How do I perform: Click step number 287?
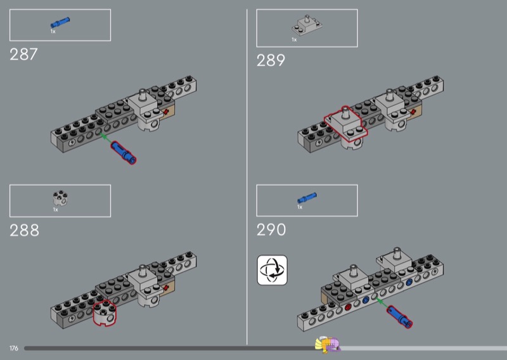click(24, 55)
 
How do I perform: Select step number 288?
click(25, 230)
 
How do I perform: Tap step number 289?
click(271, 61)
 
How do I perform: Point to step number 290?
click(271, 229)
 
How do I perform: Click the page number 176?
click(14, 348)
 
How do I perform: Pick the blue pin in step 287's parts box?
click(61, 23)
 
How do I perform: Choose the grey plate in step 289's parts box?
click(307, 26)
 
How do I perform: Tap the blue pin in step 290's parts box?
click(307, 199)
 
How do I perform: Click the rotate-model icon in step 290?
click(272, 270)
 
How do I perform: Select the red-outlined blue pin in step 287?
click(123, 153)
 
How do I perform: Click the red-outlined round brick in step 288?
click(105, 312)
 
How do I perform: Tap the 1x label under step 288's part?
click(55, 210)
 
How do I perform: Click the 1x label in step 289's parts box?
click(294, 40)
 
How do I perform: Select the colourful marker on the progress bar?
click(328, 345)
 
